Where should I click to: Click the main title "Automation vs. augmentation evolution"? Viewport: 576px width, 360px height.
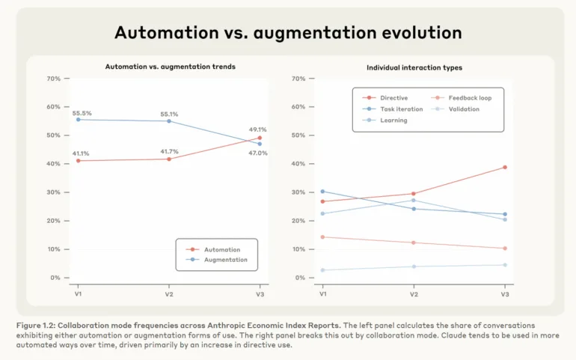[x=288, y=33]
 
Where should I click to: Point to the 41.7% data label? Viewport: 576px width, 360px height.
[x=170, y=151]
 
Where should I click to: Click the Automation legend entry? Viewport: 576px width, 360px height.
[x=222, y=249]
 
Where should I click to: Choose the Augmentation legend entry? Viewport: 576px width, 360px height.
[x=225, y=260]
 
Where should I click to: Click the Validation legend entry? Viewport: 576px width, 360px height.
[x=464, y=109]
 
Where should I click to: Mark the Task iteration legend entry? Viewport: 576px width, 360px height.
[x=399, y=109]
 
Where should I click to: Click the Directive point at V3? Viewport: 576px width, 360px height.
[x=504, y=167]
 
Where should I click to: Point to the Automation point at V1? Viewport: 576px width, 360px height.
[x=78, y=161]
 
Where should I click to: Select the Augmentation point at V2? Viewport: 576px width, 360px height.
[x=169, y=120]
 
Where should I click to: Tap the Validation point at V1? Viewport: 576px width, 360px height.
[x=322, y=270]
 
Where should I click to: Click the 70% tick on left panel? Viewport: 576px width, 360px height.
[x=53, y=78]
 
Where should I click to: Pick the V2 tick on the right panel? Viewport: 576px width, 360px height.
[x=414, y=294]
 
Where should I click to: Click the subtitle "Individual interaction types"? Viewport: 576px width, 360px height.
[x=414, y=67]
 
